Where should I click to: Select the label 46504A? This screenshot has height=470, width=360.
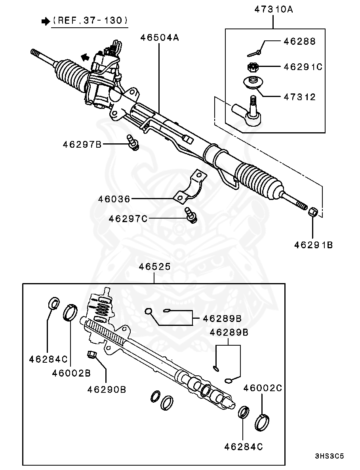tap(160, 38)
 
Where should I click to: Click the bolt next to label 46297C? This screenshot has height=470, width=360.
tap(191, 215)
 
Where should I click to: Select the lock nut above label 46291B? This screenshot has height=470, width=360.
tap(313, 211)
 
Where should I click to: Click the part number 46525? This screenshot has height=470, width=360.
tap(154, 267)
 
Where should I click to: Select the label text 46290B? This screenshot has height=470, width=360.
tap(107, 390)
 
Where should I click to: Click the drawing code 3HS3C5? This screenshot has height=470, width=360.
tap(329, 456)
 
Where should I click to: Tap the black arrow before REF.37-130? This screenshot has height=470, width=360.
tap(44, 21)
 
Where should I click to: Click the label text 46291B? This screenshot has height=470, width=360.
tap(313, 245)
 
